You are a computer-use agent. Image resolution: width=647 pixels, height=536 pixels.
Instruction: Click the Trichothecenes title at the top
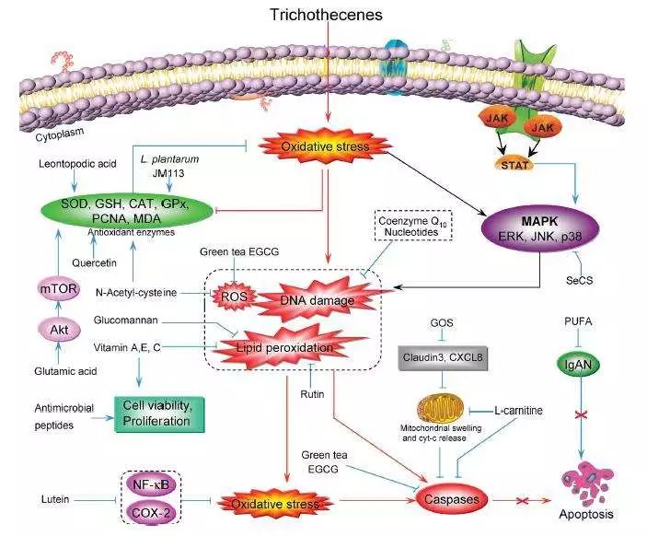click(327, 15)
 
